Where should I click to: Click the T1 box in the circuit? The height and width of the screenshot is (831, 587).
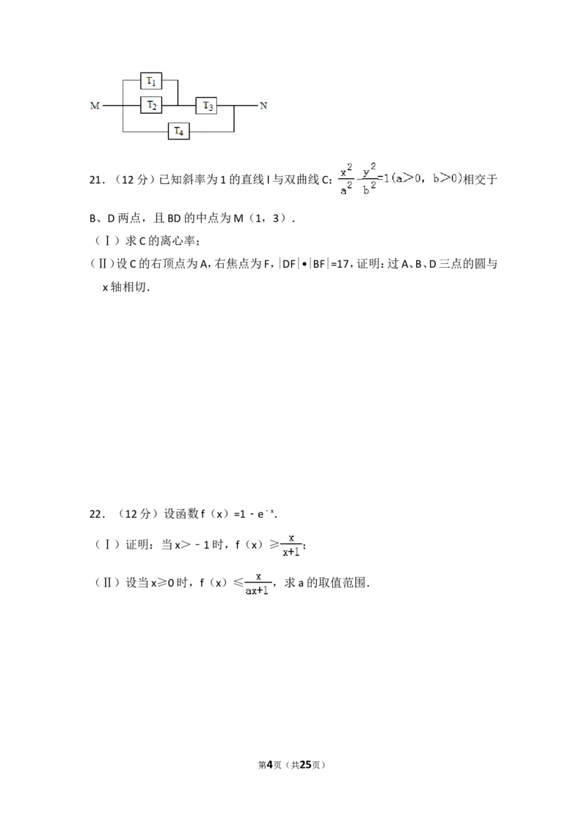tap(151, 81)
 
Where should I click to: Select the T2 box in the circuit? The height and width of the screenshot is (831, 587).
tap(151, 106)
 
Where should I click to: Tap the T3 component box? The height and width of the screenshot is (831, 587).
tap(207, 106)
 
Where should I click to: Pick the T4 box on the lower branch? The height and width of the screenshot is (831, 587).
tap(179, 131)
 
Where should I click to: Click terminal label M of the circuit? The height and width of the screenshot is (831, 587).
tap(95, 106)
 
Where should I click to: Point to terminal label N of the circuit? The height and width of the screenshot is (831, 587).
tap(263, 106)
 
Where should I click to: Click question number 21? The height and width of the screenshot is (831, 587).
tap(96, 180)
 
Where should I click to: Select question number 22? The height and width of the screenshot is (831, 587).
tap(96, 514)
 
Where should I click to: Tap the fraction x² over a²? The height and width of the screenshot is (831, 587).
tap(346, 179)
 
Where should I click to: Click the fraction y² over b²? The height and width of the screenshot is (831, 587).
tap(370, 179)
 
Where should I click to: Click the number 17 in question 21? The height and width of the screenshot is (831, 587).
tap(343, 264)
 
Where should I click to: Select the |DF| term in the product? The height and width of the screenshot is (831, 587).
tap(288, 264)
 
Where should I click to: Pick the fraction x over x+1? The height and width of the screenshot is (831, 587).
tap(291, 546)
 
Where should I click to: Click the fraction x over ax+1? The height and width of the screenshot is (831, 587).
tap(257, 584)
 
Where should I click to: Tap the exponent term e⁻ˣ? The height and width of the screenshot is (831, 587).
tap(266, 513)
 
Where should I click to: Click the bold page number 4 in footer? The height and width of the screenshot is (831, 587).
tap(269, 765)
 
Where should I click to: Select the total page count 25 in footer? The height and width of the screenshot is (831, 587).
tap(305, 765)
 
